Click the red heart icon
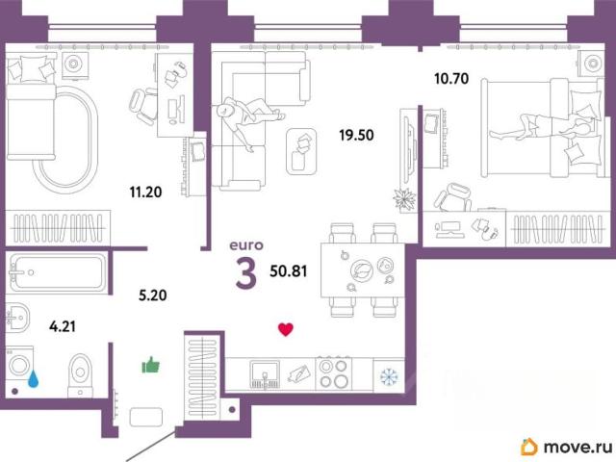coord(286,329)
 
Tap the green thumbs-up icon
coord(151,365)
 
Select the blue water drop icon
coord(34,378)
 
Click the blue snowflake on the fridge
coord(389,376)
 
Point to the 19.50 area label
coord(356,135)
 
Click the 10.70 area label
coord(451,79)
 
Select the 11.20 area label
coord(145,192)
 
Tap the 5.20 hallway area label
coord(152,295)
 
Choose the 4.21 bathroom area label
coord(63,326)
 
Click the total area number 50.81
coord(289,271)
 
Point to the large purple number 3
coord(246,274)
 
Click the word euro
coord(246,245)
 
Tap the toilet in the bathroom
coord(80,375)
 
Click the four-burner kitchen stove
coord(334,373)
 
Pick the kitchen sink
coord(266,374)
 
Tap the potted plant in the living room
coord(404,199)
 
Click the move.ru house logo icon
coord(528,447)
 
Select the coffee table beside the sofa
coord(301,151)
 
